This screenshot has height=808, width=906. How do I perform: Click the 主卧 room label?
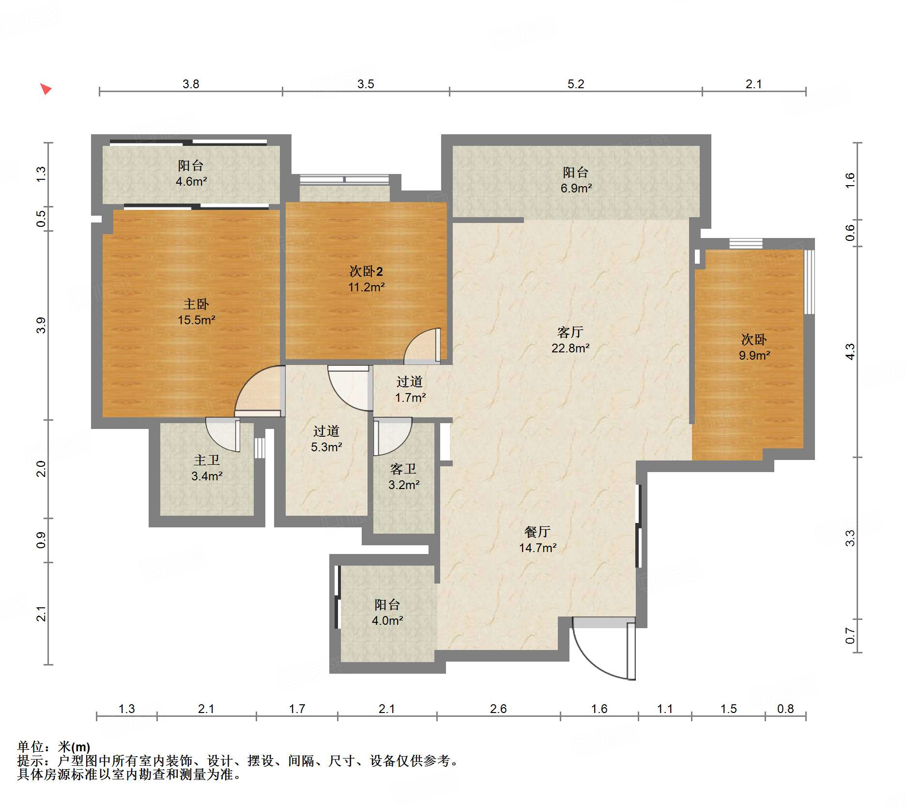click(196, 304)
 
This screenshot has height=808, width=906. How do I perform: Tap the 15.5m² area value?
click(196, 320)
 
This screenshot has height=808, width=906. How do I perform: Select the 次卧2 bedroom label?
click(366, 271)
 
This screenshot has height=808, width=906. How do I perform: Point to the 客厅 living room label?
click(570, 332)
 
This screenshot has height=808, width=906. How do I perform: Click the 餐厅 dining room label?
click(537, 532)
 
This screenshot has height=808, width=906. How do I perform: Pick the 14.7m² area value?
click(537, 548)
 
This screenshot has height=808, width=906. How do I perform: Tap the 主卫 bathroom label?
click(207, 460)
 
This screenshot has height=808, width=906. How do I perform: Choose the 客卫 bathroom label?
click(403, 469)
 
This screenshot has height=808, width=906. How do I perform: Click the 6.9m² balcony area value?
click(576, 188)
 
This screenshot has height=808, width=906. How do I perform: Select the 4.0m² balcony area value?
click(387, 620)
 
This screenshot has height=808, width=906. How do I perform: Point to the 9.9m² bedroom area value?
click(754, 355)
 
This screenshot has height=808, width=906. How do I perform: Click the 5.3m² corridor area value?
click(326, 447)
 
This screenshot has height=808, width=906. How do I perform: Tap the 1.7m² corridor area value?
click(410, 398)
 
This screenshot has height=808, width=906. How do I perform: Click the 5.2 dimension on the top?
click(576, 84)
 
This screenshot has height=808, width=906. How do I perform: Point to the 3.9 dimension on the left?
click(41, 325)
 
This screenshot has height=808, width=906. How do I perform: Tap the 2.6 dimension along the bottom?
click(498, 709)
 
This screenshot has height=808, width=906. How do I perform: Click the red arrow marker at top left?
click(46, 89)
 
